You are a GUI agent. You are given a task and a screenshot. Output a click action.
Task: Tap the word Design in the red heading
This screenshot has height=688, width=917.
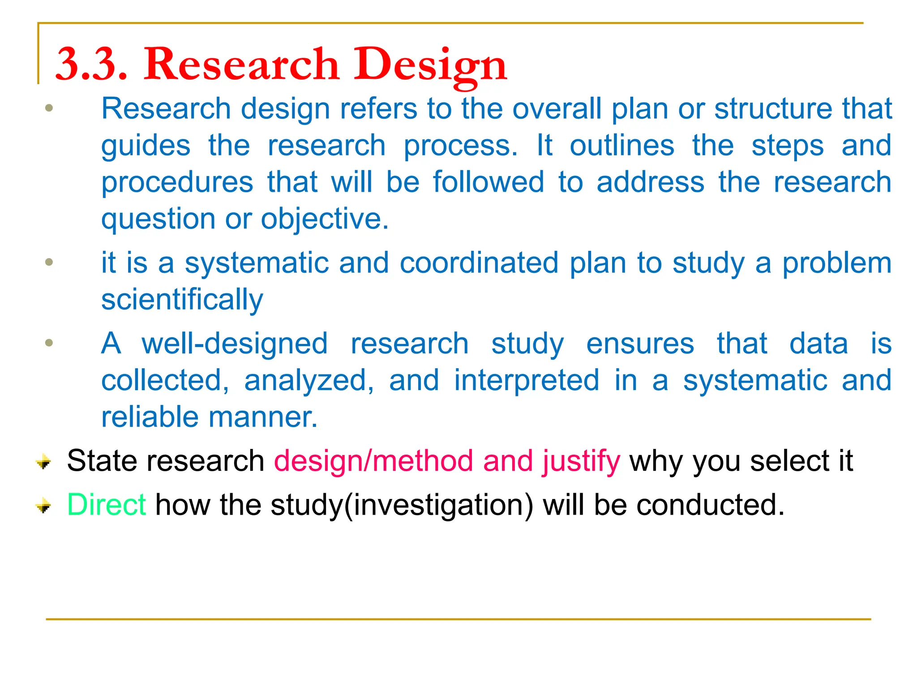pos(430,65)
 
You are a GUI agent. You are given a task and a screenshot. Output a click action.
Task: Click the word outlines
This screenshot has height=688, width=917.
pos(621,146)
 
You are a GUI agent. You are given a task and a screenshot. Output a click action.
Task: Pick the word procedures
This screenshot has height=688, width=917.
pos(177,182)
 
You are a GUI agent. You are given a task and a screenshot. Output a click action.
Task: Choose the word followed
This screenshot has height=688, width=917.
pos(488,182)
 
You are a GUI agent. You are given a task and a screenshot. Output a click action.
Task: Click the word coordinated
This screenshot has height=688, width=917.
pos(479,263)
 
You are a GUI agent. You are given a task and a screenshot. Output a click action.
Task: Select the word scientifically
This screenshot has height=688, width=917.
pos(182,300)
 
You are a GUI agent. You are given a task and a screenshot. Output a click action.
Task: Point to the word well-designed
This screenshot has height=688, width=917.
pos(235,344)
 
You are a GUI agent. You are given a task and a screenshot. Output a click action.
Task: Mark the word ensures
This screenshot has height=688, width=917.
pos(640,344)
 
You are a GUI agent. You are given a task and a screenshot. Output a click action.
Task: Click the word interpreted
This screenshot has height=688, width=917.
pos(527,380)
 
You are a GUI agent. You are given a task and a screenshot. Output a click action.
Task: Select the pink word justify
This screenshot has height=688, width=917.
pos(581,461)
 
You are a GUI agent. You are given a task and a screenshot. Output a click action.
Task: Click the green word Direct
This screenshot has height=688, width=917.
pos(106,505)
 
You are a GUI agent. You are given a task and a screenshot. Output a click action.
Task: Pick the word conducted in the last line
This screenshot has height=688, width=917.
pos(710,505)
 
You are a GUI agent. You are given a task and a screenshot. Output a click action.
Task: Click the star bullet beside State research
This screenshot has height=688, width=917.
pos(43,461)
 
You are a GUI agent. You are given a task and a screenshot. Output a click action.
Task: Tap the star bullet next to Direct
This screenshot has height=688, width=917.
pos(43,506)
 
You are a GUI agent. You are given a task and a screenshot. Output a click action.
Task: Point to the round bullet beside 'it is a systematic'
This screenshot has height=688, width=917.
pos(49,262)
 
